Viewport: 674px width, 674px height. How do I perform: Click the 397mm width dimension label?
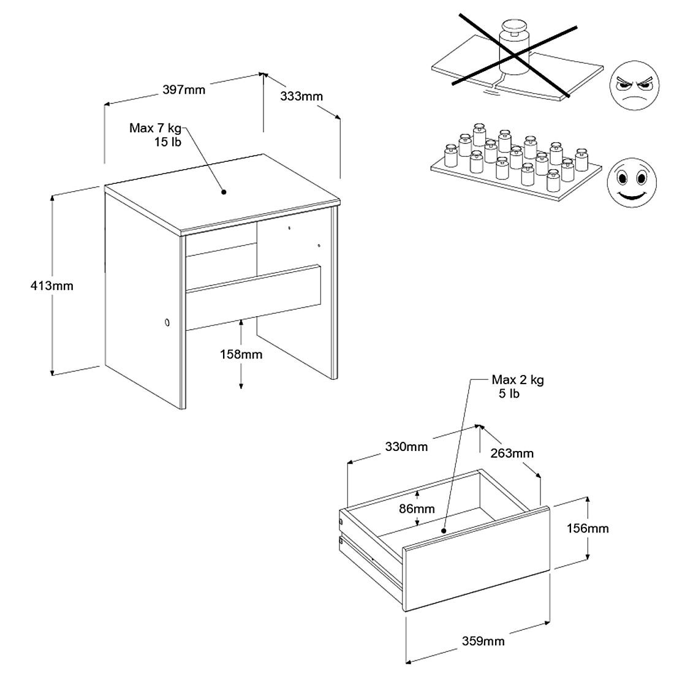184,90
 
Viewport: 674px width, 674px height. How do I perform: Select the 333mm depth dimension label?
301,96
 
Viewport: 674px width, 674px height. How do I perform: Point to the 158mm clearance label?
241,354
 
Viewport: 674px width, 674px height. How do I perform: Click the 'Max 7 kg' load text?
156,129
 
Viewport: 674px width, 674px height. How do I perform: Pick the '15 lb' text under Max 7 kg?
167,142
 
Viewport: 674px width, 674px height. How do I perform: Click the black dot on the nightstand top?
224,192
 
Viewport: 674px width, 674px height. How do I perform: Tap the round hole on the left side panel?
166,323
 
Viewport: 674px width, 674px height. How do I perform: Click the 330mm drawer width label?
406,447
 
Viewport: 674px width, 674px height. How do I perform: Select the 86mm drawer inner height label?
417,509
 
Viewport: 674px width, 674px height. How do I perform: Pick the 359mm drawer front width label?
484,641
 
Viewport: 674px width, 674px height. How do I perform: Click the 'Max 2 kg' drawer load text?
518,380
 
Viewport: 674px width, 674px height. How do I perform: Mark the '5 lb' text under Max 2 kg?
509,393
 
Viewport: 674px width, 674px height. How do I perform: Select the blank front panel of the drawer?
477,559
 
